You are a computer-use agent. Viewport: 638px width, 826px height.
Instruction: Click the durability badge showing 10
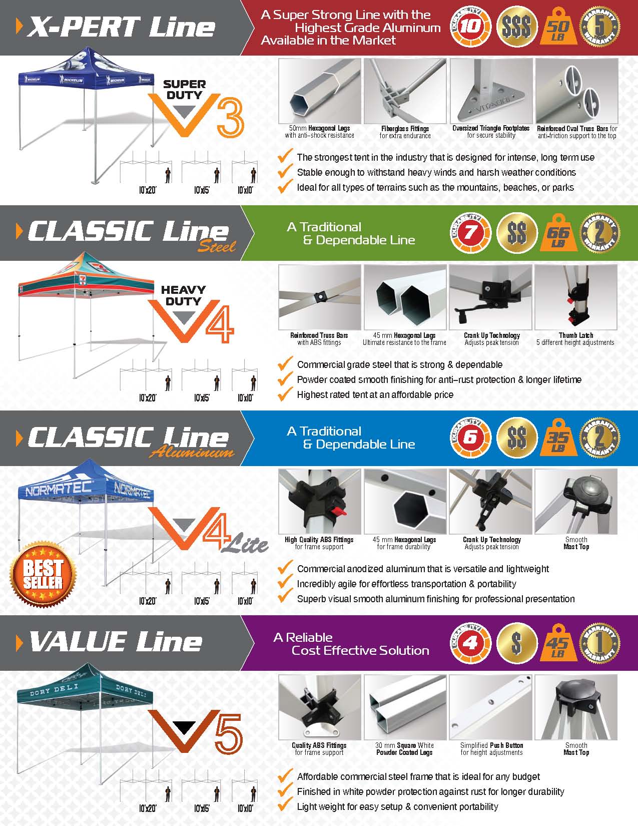click(470, 27)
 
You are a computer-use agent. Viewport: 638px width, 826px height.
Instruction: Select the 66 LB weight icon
click(558, 233)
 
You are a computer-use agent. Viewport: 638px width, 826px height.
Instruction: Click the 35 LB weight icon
click(558, 438)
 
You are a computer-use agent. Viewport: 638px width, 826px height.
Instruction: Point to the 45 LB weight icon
click(558, 644)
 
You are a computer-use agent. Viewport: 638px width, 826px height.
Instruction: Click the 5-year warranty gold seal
click(599, 27)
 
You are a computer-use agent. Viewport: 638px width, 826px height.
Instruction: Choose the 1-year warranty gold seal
click(599, 642)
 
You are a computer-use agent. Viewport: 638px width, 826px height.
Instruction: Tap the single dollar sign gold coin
click(516, 642)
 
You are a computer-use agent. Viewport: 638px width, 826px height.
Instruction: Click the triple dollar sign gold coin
click(516, 27)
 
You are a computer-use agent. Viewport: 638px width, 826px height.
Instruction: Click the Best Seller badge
click(43, 574)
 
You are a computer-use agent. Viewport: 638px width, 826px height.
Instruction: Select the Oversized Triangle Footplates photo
click(490, 91)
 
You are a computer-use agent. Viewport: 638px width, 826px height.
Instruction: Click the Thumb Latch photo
click(575, 297)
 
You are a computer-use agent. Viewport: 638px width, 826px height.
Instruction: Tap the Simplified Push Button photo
click(490, 707)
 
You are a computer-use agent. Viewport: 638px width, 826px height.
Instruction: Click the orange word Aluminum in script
click(192, 452)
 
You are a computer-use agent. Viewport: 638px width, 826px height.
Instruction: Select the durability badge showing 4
click(470, 642)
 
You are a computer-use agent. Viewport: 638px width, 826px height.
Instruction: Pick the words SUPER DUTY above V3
click(184, 90)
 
